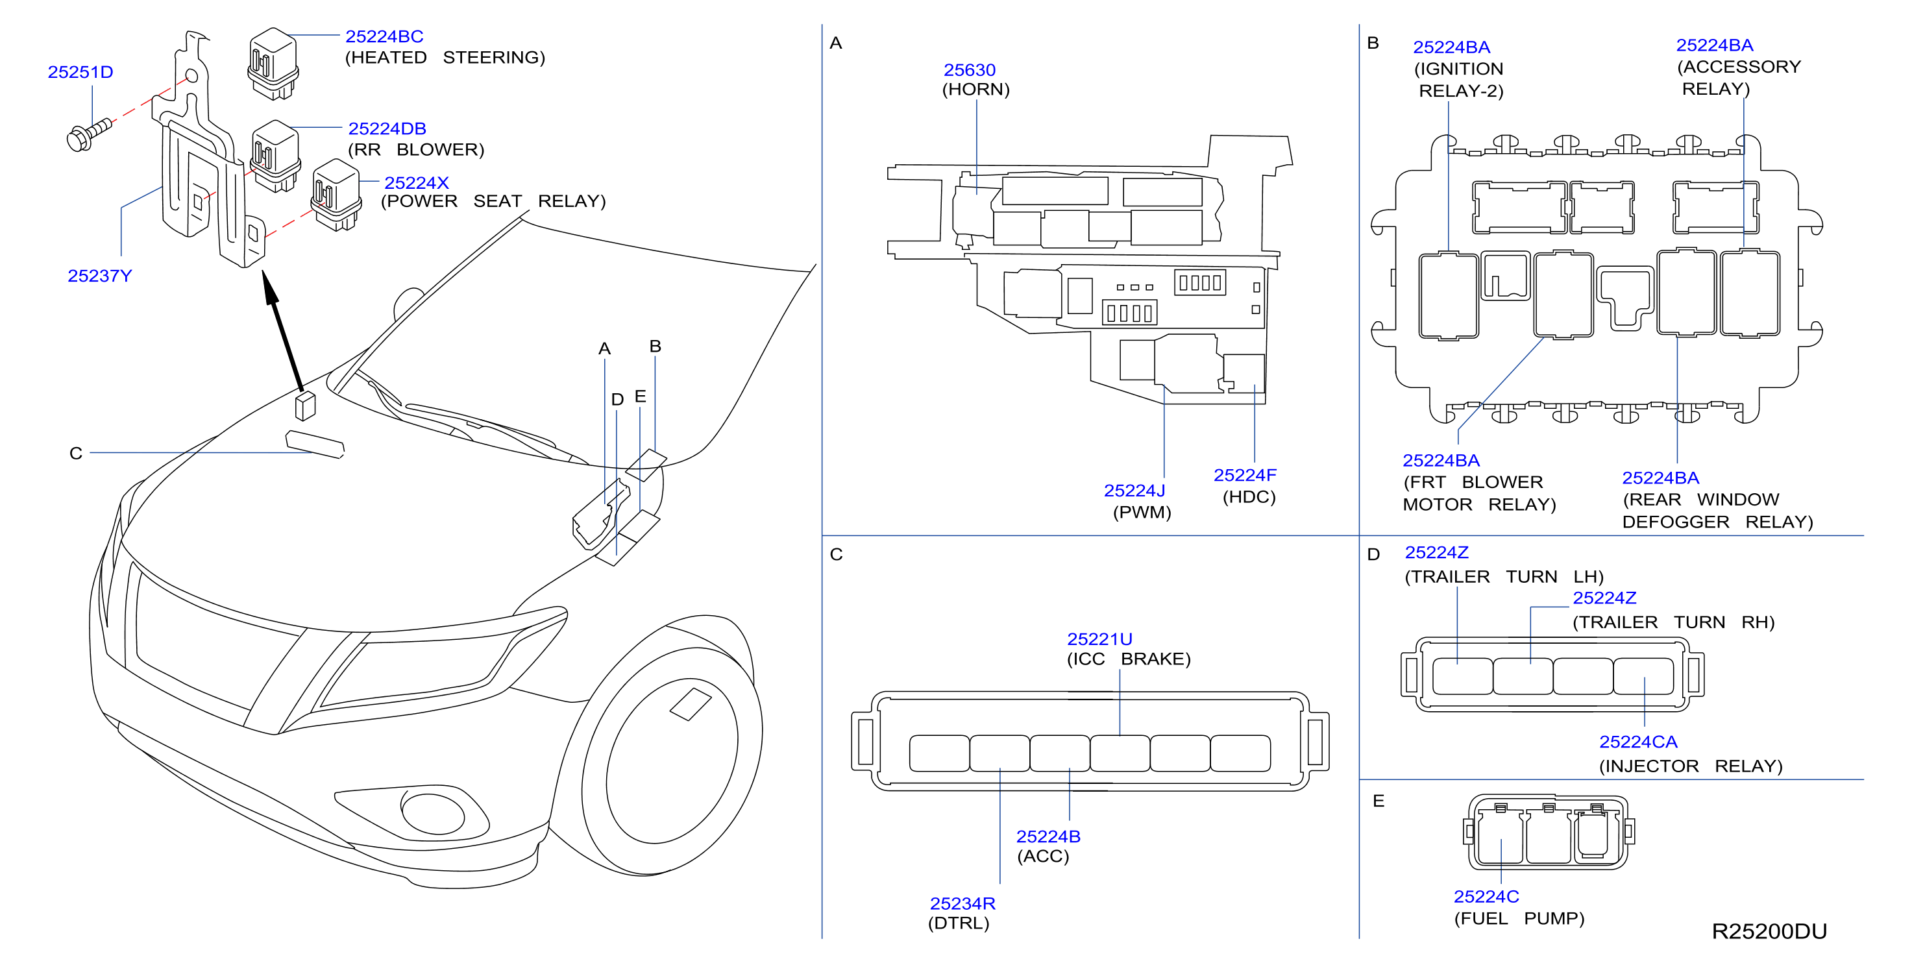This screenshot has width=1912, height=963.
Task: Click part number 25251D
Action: point(80,72)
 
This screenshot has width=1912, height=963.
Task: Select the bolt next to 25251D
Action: point(89,134)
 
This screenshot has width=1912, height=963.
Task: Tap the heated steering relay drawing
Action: point(273,64)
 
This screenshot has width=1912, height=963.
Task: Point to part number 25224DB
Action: point(387,128)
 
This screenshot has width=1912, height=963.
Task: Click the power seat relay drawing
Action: point(337,195)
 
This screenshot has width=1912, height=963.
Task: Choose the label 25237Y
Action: point(99,276)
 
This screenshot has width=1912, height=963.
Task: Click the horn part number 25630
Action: point(970,69)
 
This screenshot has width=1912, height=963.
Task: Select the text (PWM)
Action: point(1142,512)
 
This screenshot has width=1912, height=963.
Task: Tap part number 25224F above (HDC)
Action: point(1245,475)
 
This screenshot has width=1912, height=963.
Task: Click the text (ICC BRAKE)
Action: point(1128,659)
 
